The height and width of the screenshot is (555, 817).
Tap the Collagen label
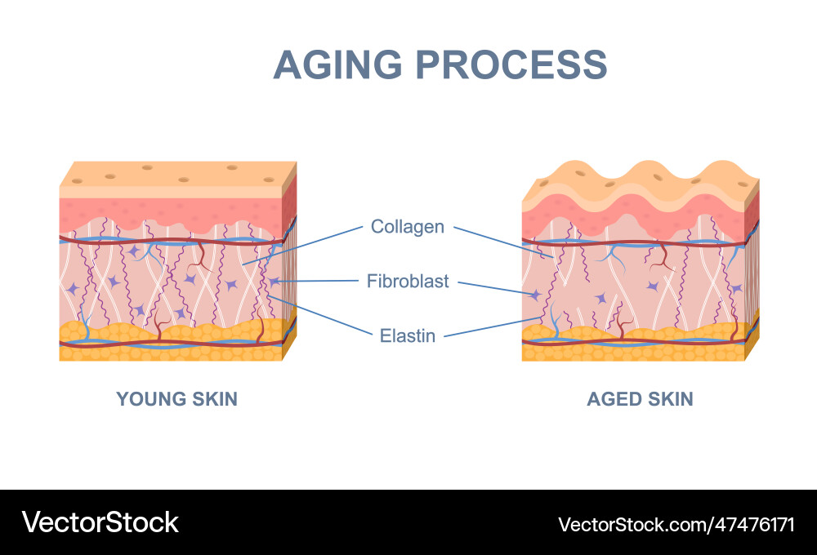pyautogui.click(x=407, y=226)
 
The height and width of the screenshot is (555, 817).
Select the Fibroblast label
pyautogui.click(x=408, y=282)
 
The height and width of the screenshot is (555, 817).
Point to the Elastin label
pyautogui.click(x=408, y=335)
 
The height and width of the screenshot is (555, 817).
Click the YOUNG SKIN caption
pyautogui.click(x=176, y=399)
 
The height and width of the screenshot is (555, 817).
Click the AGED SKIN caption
pyautogui.click(x=640, y=399)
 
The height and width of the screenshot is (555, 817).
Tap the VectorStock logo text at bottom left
pyautogui.click(x=100, y=522)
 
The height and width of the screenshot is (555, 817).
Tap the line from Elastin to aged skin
pyautogui.click(x=490, y=326)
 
